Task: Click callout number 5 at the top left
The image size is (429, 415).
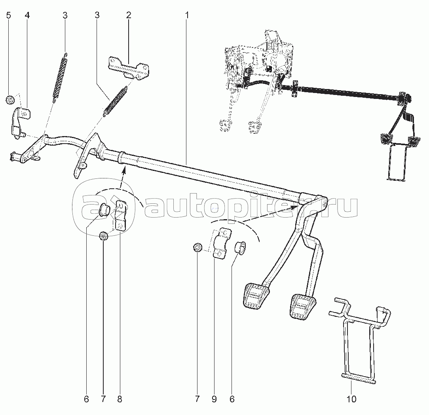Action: point(9,16)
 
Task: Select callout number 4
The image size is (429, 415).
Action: point(27,16)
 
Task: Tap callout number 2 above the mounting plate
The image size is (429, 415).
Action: point(129,16)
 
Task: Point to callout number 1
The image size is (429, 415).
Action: point(187,16)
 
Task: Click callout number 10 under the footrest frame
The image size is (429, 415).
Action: point(351,399)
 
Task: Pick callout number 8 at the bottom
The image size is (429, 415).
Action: point(120,399)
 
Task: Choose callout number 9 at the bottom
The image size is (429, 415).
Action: point(214,399)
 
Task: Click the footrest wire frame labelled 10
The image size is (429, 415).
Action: point(358,340)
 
